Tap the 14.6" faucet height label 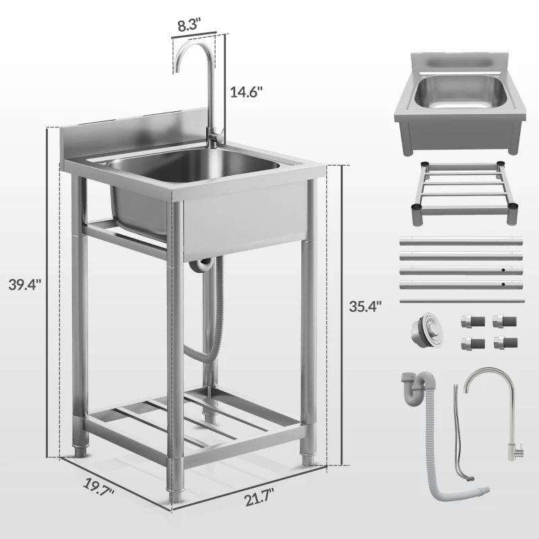[247, 92]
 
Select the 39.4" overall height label [26, 284]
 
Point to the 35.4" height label [365, 305]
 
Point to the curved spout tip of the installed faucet [179, 67]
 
